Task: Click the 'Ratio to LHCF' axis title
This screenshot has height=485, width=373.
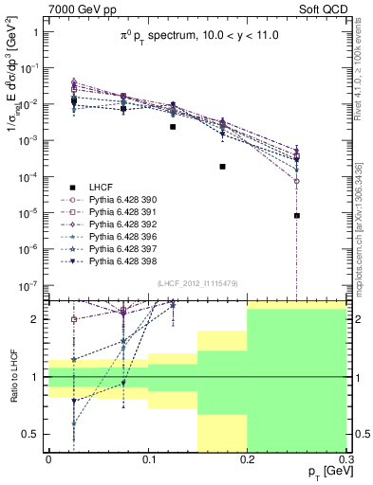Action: [x=11, y=377]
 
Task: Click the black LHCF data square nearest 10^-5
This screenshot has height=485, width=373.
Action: [x=297, y=216]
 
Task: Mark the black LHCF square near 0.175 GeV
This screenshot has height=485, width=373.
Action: [x=222, y=167]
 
